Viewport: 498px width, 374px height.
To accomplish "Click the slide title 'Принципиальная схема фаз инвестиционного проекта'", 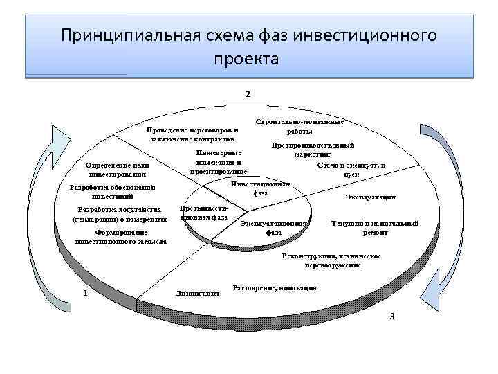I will tap(248, 46).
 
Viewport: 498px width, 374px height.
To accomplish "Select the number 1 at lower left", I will tap(84, 292).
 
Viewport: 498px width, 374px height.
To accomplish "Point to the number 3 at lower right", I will tap(392, 317).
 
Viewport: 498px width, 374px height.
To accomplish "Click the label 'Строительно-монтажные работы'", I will tap(299, 126).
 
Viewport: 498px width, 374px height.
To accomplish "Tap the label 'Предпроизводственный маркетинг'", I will tap(313, 150).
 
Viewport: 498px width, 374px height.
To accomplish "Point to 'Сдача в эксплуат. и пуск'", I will tap(351, 170).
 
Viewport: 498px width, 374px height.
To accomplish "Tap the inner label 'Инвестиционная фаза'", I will tap(260, 188).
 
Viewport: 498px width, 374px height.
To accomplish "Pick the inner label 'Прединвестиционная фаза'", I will tap(203, 212).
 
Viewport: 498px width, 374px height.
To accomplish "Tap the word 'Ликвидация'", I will tap(199, 293).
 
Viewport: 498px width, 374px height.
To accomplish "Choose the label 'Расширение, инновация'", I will tap(275, 287).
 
